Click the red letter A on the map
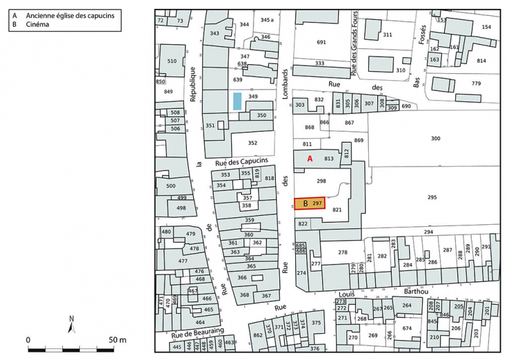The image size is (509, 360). click(310, 159)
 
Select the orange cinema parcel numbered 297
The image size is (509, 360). click(310, 203)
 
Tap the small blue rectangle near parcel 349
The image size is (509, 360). click(237, 101)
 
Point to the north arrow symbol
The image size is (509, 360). click(71, 323)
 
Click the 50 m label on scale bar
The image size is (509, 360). click(117, 340)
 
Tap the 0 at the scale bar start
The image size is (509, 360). click(28, 340)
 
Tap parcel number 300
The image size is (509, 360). click(435, 139)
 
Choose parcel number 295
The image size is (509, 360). click(432, 198)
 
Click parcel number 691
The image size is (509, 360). click(321, 43)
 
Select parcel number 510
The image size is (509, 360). click(172, 61)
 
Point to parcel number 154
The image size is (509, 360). click(486, 27)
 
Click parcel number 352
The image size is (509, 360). click(252, 143)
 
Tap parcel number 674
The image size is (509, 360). click(407, 328)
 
